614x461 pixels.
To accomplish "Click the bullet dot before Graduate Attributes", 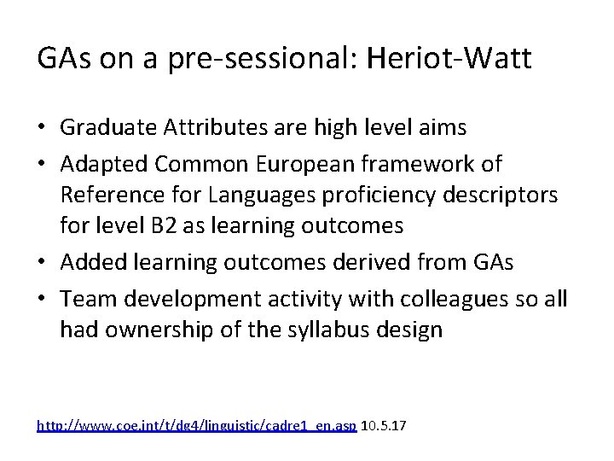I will tap(43, 129).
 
